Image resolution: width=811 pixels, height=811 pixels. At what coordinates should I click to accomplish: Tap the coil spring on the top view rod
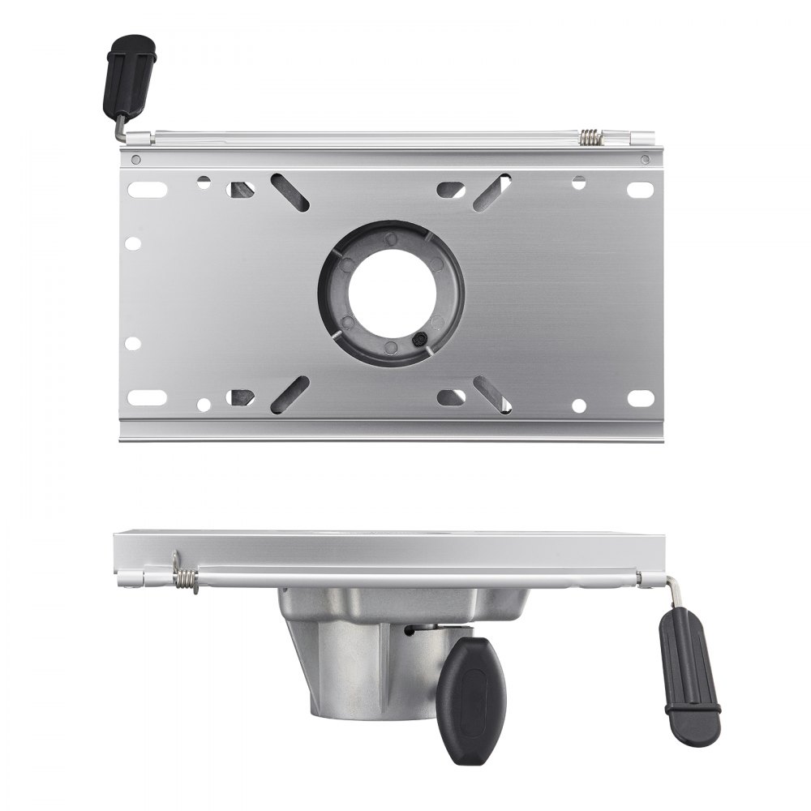[592, 139]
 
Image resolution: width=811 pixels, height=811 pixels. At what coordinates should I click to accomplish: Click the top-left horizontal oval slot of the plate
[147, 189]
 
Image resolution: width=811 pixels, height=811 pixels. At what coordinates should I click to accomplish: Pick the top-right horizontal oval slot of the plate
[641, 189]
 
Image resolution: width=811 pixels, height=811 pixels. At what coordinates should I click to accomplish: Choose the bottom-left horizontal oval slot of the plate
[147, 397]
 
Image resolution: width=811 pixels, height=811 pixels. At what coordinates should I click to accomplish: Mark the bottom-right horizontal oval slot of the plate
[641, 397]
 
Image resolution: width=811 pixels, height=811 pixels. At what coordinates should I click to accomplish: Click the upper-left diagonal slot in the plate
[290, 191]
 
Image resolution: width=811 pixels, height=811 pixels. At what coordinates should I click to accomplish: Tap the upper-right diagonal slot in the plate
[492, 191]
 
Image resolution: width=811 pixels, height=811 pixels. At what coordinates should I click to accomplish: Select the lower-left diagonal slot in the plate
[290, 393]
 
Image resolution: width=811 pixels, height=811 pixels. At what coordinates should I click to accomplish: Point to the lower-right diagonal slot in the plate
[492, 393]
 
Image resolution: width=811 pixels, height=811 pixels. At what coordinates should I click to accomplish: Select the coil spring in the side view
[186, 579]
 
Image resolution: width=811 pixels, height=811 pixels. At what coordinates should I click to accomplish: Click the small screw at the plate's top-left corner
[135, 159]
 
